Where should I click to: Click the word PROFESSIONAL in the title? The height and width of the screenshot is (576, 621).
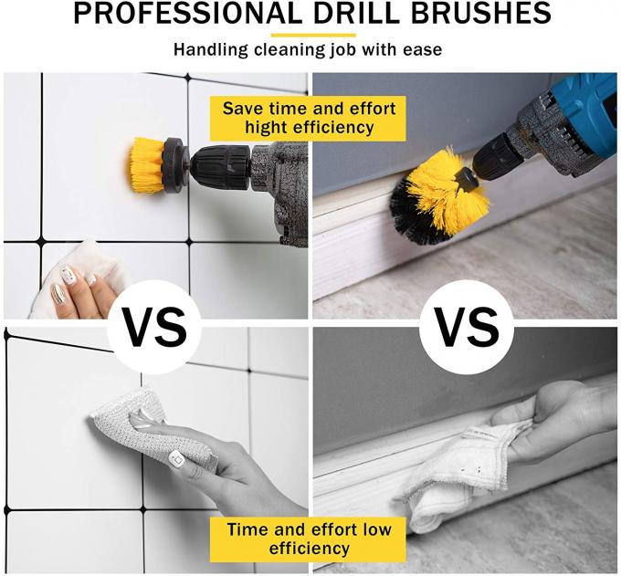pyautogui.click(x=187, y=14)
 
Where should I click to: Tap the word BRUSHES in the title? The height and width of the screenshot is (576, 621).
pyautogui.click(x=480, y=14)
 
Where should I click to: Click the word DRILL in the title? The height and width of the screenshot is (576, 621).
pyautogui.click(x=355, y=14)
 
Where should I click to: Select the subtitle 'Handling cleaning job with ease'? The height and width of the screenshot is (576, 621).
pyautogui.click(x=308, y=50)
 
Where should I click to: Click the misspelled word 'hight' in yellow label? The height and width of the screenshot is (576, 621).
pyautogui.click(x=267, y=128)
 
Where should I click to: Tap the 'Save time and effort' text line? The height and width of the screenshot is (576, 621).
pyautogui.click(x=309, y=109)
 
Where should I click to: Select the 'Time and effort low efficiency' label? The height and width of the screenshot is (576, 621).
pyautogui.click(x=309, y=539)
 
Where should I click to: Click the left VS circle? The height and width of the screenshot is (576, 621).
pyautogui.click(x=154, y=327)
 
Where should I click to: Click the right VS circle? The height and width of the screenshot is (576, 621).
pyautogui.click(x=467, y=327)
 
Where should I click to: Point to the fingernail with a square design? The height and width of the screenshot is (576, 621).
pyautogui.click(x=176, y=459)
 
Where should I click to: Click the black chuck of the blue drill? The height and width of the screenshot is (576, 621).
pyautogui.click(x=491, y=155)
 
